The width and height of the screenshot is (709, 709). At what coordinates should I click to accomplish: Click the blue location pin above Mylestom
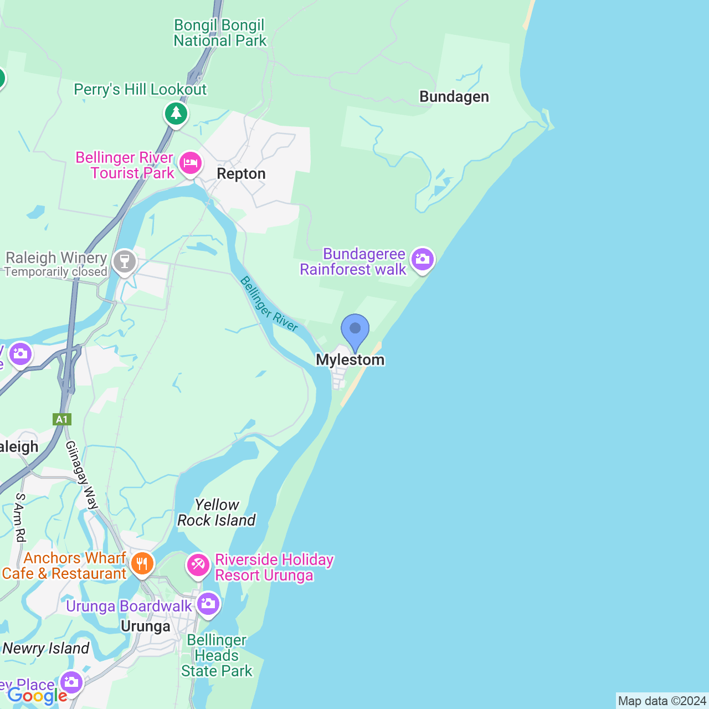pyautogui.click(x=355, y=330)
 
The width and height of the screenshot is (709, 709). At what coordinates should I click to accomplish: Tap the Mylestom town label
pyautogui.click(x=350, y=360)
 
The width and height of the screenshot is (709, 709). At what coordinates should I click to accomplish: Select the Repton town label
pyautogui.click(x=241, y=174)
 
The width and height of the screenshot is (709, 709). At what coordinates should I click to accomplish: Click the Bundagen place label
pyautogui.click(x=454, y=97)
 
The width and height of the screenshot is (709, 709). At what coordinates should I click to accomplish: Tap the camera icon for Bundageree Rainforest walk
pyautogui.click(x=423, y=259)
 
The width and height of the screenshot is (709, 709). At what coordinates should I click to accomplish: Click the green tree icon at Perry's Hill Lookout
pyautogui.click(x=176, y=114)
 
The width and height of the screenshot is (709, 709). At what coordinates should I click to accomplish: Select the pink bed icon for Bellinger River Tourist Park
pyautogui.click(x=190, y=163)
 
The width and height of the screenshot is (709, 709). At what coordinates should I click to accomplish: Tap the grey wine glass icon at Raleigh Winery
pyautogui.click(x=124, y=261)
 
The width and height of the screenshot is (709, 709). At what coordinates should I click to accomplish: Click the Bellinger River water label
pyautogui.click(x=269, y=305)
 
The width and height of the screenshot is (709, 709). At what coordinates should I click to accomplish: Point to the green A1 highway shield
pyautogui.click(x=62, y=419)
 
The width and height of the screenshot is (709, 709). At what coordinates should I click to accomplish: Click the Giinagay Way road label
pyautogui.click(x=82, y=475)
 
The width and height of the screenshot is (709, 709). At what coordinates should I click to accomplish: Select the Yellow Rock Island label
pyautogui.click(x=217, y=512)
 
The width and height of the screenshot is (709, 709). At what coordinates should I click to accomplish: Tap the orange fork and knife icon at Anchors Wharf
pyautogui.click(x=142, y=564)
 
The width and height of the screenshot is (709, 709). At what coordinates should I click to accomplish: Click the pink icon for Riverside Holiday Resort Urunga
pyautogui.click(x=198, y=566)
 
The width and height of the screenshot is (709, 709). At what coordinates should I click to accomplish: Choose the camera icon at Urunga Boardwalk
pyautogui.click(x=208, y=604)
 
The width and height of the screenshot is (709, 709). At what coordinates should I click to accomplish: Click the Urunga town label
pyautogui.click(x=146, y=626)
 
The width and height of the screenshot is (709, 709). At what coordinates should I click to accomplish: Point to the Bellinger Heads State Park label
pyautogui.click(x=217, y=656)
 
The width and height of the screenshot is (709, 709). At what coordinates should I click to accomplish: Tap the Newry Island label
pyautogui.click(x=46, y=649)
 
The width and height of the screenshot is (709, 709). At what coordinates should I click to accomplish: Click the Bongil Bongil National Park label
pyautogui.click(x=220, y=33)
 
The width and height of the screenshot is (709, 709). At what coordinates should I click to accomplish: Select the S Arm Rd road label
pyautogui.click(x=20, y=517)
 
